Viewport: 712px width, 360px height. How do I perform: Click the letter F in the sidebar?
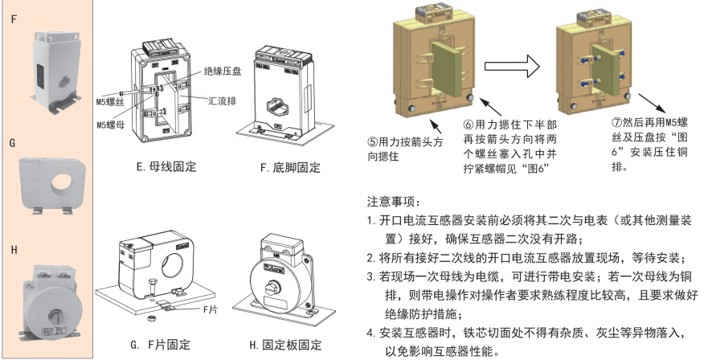[x=12, y=15]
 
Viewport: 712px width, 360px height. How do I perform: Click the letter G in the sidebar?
[x=12, y=142]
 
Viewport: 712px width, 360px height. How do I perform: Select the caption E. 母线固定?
[x=166, y=168]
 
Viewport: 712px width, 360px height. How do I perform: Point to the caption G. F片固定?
[x=161, y=345]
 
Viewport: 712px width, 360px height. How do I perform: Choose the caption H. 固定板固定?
[x=285, y=345]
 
